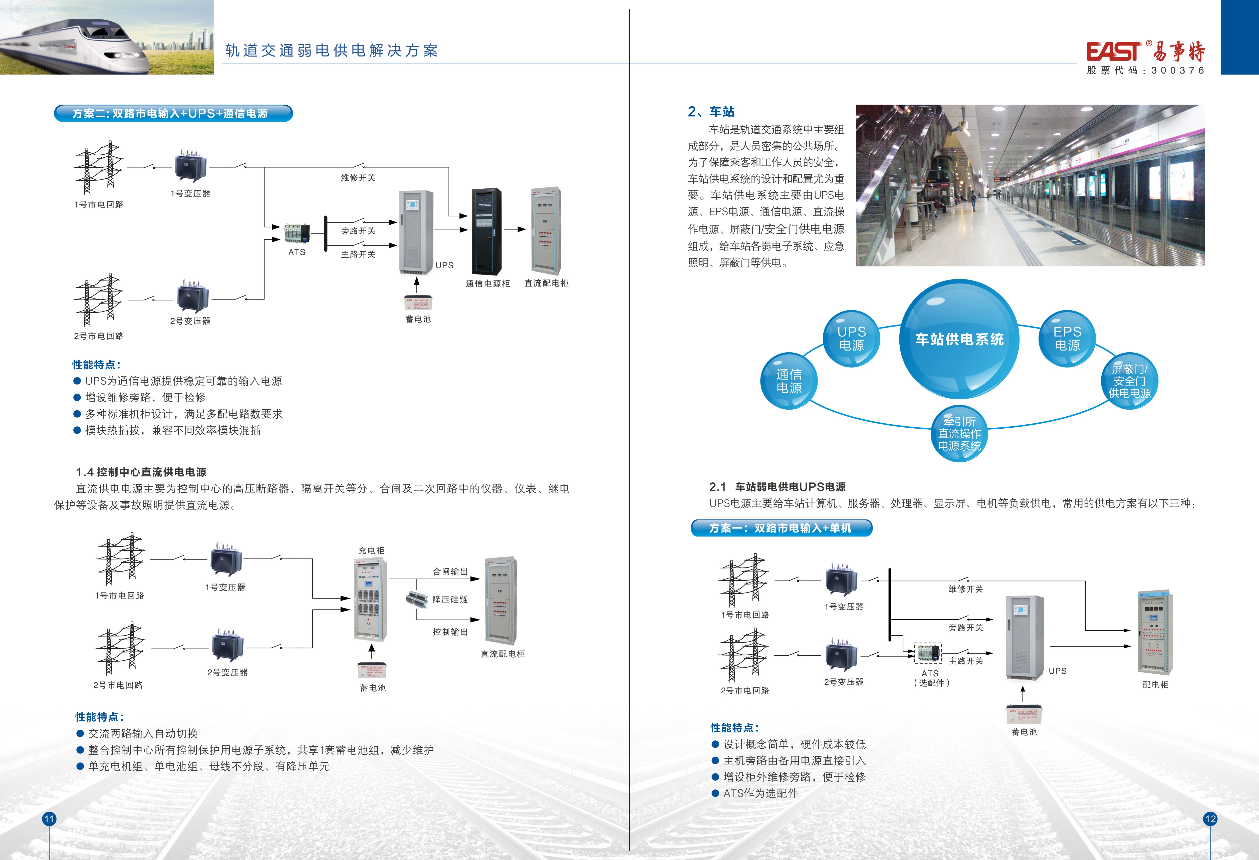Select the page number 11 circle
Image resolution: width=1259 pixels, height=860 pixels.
[49, 819]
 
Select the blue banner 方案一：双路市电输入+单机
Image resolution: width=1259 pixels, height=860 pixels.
[781, 528]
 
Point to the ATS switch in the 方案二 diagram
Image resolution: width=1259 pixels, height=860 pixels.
[297, 233]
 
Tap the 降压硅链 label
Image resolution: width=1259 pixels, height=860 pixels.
[450, 600]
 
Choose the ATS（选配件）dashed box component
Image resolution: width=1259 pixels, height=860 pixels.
[927, 653]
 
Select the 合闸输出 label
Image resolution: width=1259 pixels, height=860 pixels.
[450, 571]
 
